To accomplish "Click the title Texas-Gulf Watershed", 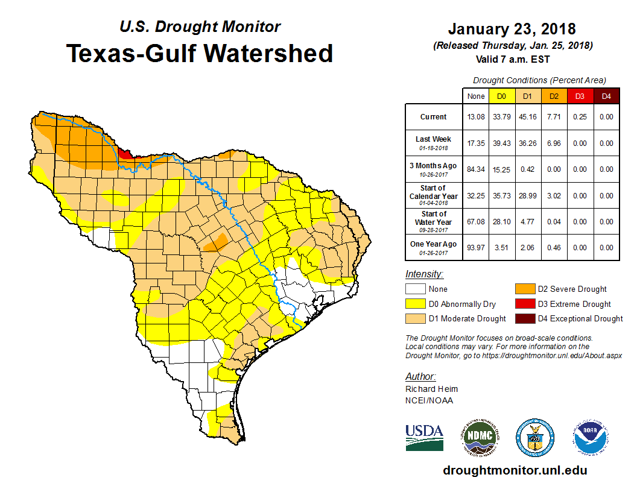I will click(x=200, y=53).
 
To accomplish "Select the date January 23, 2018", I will click(x=512, y=29).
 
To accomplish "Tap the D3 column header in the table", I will click(x=580, y=96).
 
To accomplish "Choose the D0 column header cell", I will click(x=501, y=96).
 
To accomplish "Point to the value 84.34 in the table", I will click(x=475, y=169).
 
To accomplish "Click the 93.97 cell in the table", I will click(x=475, y=247).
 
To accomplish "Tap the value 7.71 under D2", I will click(x=554, y=117).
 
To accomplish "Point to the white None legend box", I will click(x=415, y=289).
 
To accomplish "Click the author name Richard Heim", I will click(x=431, y=389).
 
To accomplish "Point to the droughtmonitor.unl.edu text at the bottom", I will click(x=515, y=470).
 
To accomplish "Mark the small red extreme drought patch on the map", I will click(x=125, y=154).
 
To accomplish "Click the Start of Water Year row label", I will click(x=434, y=218).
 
